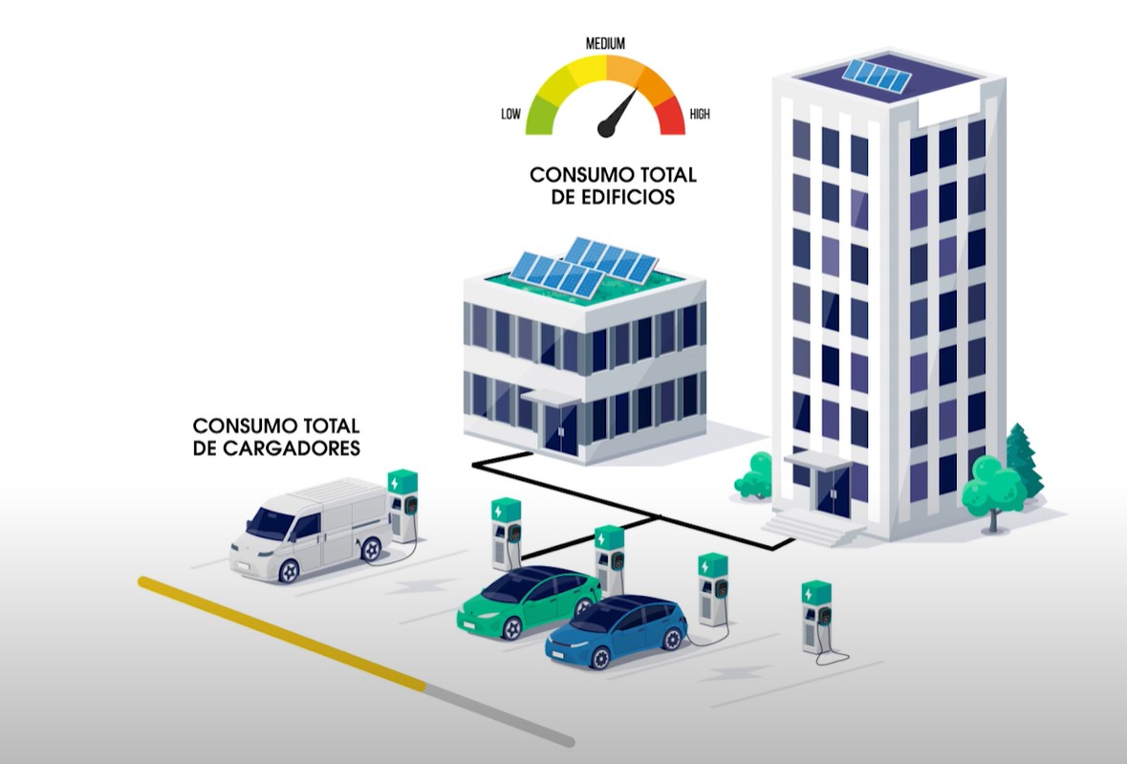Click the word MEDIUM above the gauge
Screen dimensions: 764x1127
coord(605,43)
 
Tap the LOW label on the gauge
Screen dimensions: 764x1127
coord(510,115)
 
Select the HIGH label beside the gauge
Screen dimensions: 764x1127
coord(699,115)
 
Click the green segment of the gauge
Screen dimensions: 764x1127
coord(542,112)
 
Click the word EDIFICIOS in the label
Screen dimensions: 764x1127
coord(631,198)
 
